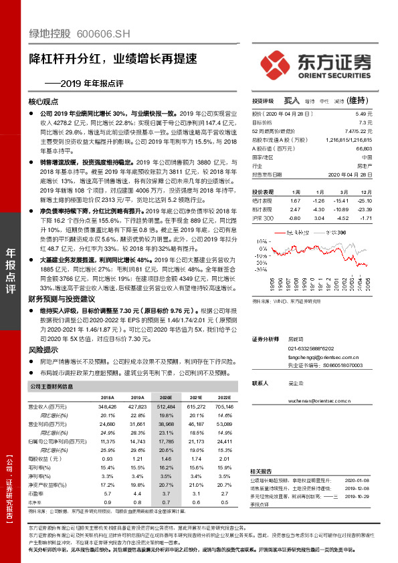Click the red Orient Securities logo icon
pyautogui.click(x=276, y=60)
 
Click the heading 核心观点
pyautogui.click(x=43, y=102)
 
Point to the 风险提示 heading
pyautogui.click(x=43, y=349)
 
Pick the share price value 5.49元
pyautogui.click(x=365, y=116)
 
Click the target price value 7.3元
pyautogui.click(x=366, y=123)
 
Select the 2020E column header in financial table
pyautogui.click(x=157, y=397)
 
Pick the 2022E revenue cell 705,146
pyautogui.click(x=225, y=407)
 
